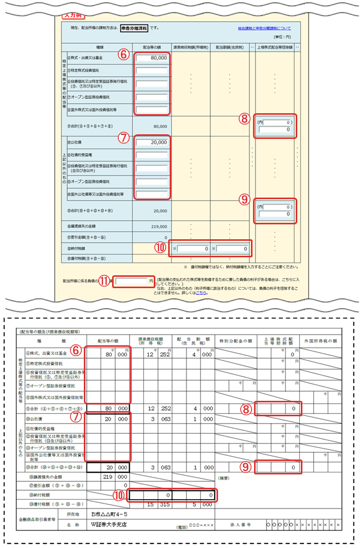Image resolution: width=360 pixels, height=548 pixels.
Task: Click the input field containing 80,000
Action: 152,58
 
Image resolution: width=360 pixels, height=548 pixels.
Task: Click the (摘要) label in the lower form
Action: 225,478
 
